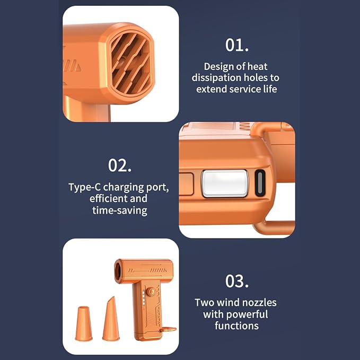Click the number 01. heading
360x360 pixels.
[236, 45]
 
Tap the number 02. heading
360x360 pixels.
[120, 165]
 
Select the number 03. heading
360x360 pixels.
[236, 281]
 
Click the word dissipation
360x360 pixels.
[216, 78]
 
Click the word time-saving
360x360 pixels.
[120, 210]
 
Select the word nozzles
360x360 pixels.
[259, 303]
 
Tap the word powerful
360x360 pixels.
[247, 314]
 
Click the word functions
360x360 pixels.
[236, 326]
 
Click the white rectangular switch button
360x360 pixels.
[225, 183]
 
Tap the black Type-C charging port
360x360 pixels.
[260, 183]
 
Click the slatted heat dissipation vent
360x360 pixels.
[130, 64]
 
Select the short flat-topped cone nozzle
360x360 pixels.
[84, 323]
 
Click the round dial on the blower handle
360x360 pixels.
[151, 292]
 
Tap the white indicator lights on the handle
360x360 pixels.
[144, 297]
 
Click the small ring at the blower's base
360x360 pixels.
[168, 330]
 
